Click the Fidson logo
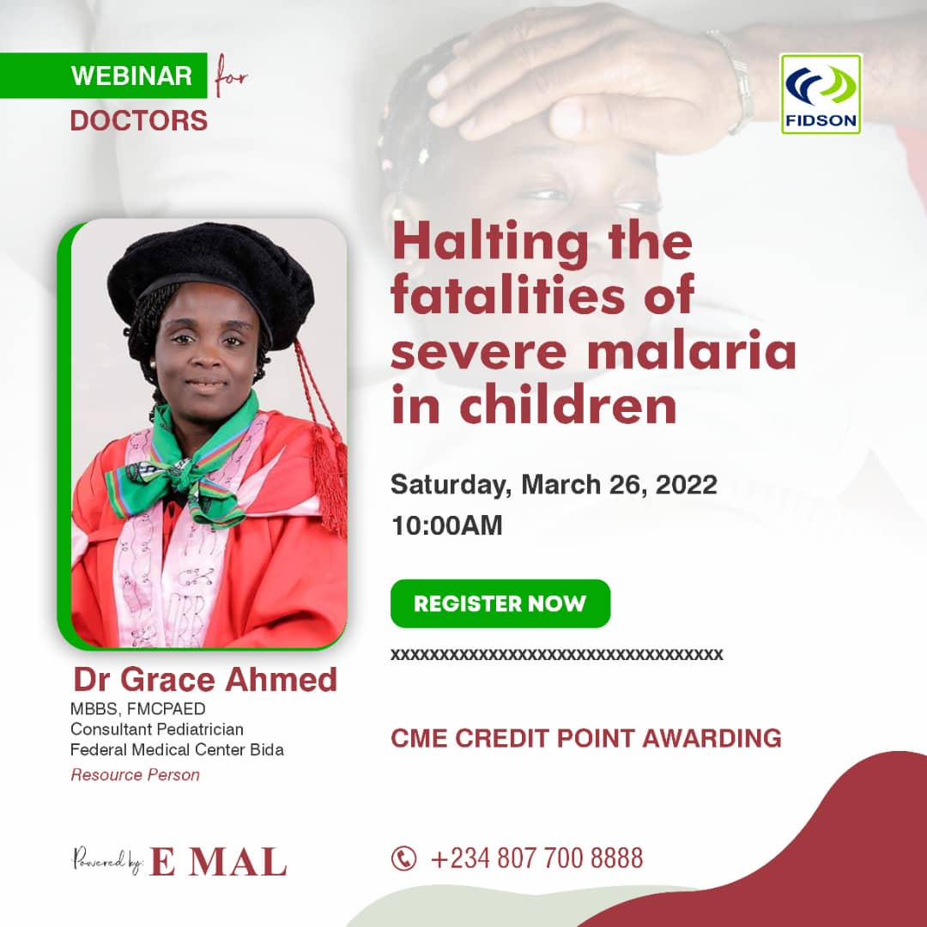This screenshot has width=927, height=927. (821, 94)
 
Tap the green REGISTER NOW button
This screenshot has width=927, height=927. (500, 603)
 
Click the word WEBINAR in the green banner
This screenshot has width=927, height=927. (131, 76)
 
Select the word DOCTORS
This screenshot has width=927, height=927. (139, 121)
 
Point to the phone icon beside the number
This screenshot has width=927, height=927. (403, 858)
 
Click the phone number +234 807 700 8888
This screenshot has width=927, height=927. (536, 858)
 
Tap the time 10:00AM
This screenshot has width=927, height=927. (447, 525)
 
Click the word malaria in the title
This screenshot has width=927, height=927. (692, 352)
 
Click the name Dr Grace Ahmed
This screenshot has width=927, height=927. (205, 679)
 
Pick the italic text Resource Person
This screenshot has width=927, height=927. (136, 774)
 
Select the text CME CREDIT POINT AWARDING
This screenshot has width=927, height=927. (586, 738)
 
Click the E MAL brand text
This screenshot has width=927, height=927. (219, 862)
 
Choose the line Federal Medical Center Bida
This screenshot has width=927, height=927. (177, 749)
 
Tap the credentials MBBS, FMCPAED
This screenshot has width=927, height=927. (137, 709)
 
